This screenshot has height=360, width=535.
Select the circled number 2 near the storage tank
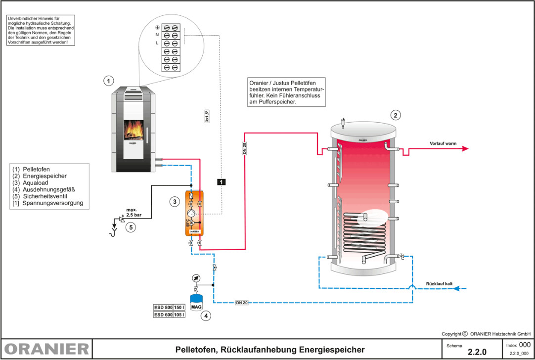pos(395,115)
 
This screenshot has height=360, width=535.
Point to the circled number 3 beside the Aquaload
pos(174,201)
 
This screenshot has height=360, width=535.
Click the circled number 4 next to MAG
pos(206,315)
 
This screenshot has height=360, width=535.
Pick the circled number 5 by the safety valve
pos(130,227)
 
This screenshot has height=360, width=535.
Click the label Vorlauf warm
pos(443,144)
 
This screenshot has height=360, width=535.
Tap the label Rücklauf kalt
pos(439,284)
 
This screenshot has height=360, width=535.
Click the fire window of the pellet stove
pos(134,131)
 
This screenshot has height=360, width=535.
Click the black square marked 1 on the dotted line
pos(221,181)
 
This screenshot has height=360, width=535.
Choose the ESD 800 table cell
pos(164,308)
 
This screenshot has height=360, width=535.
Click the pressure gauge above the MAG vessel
pos(197,278)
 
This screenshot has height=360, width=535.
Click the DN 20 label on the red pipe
pos(245,147)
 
